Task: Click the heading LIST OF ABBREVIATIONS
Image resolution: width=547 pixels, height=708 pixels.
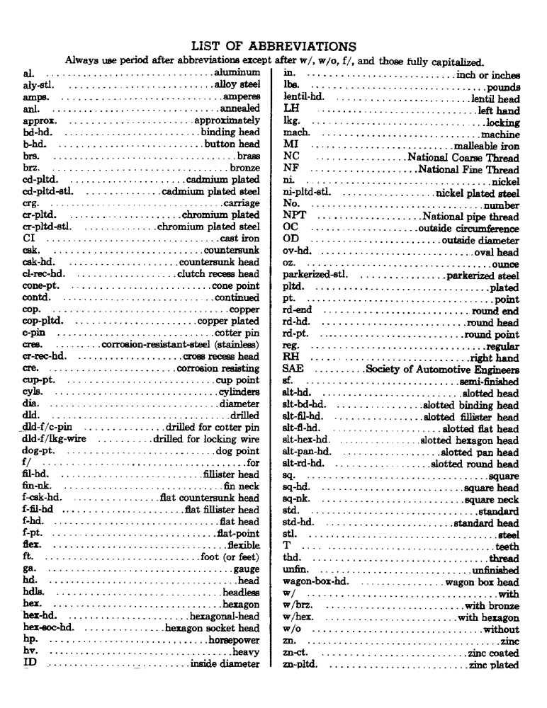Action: point(273,47)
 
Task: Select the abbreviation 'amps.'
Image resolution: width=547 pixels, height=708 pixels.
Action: point(35,97)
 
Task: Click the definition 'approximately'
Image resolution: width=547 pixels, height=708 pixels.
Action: point(227,120)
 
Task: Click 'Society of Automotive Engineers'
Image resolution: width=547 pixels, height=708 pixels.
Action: point(442,370)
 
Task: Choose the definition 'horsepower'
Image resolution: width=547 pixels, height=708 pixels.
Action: point(235,641)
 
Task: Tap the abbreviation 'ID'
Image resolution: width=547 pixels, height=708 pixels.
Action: point(30,664)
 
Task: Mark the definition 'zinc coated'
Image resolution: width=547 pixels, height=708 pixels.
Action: point(493,653)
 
